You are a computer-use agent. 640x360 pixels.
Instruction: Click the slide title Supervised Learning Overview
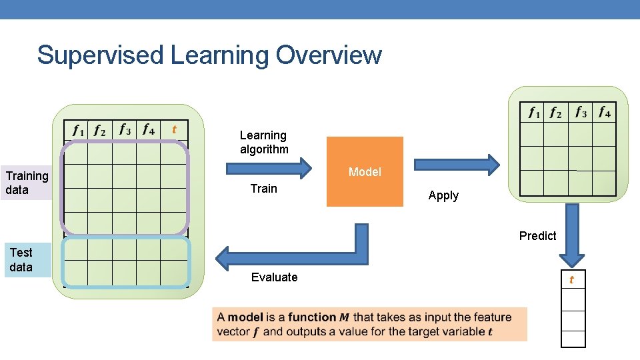click(x=209, y=55)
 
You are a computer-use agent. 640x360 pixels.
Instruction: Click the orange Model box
click(x=365, y=172)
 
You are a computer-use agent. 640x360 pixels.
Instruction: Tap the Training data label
click(x=27, y=183)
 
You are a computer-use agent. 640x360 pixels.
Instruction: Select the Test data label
click(x=21, y=260)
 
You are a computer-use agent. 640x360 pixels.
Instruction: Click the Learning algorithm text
click(x=264, y=142)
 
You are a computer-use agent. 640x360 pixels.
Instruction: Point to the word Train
click(x=263, y=189)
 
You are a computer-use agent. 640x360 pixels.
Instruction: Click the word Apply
click(x=443, y=195)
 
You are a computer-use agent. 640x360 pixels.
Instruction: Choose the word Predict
click(x=537, y=235)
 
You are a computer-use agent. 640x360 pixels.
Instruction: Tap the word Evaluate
click(x=274, y=277)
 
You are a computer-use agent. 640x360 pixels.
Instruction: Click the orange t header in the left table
click(x=174, y=129)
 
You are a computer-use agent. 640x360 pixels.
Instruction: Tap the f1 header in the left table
click(x=78, y=129)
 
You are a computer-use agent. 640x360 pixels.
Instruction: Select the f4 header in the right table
click(x=604, y=112)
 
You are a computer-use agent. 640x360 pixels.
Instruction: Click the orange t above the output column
click(x=571, y=280)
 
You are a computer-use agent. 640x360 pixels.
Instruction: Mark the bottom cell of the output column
click(x=573, y=339)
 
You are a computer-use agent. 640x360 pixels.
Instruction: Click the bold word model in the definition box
click(x=245, y=317)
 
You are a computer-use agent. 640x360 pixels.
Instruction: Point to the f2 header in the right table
click(x=555, y=113)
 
